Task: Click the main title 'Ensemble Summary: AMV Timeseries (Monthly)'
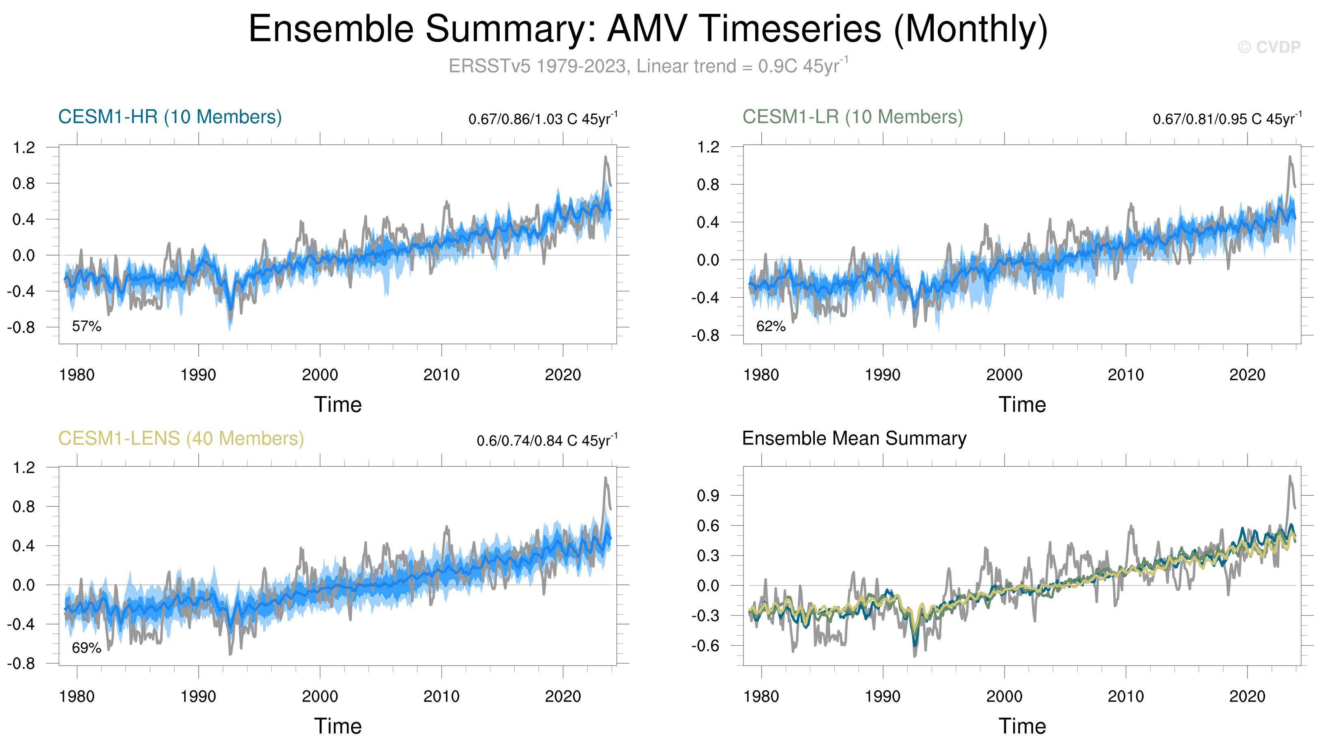[647, 29]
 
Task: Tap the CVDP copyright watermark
[1269, 47]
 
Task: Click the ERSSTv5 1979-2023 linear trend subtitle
[647, 66]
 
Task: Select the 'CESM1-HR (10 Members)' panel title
[170, 117]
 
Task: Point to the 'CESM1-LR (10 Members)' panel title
[853, 117]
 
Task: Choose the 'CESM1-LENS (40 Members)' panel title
[181, 439]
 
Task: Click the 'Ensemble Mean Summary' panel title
[854, 439]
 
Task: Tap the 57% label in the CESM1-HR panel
[87, 326]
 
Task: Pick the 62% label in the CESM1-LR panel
[771, 326]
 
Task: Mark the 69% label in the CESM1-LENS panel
[87, 648]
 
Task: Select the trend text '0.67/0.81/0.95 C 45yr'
[1226, 119]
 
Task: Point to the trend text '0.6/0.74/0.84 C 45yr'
[546, 441]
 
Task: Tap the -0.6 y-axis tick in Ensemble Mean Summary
[706, 646]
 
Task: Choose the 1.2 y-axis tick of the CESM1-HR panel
[24, 148]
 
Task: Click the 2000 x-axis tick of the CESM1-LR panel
[1004, 375]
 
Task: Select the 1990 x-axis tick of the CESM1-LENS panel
[198, 697]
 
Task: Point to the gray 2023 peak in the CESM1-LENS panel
[606, 478]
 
